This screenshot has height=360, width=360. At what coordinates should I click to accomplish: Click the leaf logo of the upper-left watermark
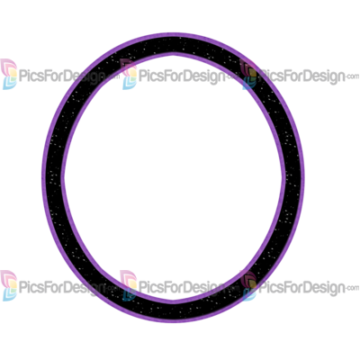click(x=9, y=74)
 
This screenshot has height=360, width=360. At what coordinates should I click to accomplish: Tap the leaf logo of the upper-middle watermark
click(x=129, y=74)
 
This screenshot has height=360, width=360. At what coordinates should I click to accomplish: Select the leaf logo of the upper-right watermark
click(x=248, y=74)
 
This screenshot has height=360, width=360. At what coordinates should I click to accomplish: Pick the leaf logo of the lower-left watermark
click(x=9, y=285)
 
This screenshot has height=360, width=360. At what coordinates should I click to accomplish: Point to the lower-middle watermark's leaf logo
click(x=129, y=285)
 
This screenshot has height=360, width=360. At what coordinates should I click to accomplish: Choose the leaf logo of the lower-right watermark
click(x=248, y=285)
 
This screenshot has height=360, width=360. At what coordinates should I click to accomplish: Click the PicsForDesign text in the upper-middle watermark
click(x=182, y=76)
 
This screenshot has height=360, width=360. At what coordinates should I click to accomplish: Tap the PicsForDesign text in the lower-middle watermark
click(x=182, y=288)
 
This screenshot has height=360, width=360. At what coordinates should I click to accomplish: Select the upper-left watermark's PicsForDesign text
click(x=62, y=76)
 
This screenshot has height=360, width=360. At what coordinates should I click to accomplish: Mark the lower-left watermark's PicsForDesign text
click(x=62, y=288)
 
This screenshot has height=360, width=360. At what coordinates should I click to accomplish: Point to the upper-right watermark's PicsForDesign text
click(x=301, y=76)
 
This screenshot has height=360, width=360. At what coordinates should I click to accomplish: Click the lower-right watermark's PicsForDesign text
click(x=301, y=288)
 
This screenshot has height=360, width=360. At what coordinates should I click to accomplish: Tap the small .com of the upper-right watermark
click(x=352, y=76)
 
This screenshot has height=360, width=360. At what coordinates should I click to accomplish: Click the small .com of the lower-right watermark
click(x=352, y=288)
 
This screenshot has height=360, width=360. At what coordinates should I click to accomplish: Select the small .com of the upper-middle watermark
click(x=232, y=76)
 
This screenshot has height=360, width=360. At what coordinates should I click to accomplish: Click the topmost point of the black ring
click(x=174, y=33)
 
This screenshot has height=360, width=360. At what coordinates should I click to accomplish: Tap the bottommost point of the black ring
click(x=174, y=322)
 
